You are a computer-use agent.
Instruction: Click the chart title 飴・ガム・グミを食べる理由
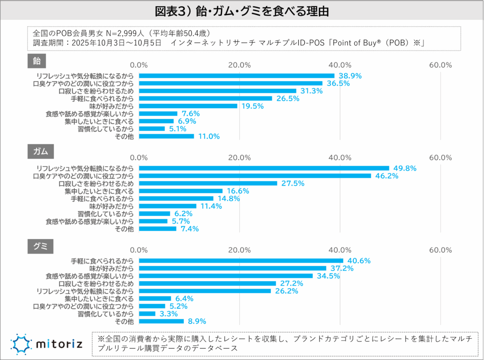point(242,10)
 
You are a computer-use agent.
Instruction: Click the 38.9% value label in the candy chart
point(349,76)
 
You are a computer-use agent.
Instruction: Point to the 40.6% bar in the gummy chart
point(241,261)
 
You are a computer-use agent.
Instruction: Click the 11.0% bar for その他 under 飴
point(166,136)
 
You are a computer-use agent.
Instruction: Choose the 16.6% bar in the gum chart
point(181,191)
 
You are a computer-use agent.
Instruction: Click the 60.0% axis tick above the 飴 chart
point(440,65)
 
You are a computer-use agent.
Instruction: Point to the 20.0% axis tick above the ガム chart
point(239,157)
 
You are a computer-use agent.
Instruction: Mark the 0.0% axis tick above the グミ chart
point(139,250)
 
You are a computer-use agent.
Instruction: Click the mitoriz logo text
point(59,343)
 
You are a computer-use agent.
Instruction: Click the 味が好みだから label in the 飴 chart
point(112,106)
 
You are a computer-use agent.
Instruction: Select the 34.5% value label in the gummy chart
point(328,276)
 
